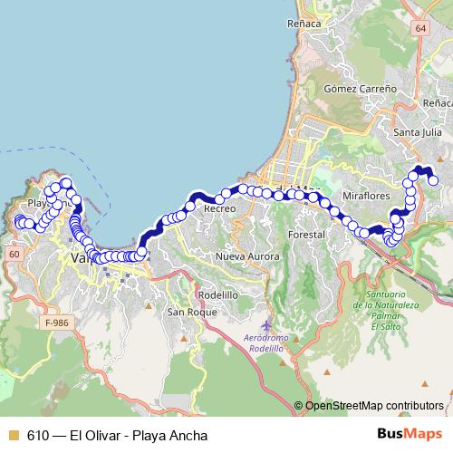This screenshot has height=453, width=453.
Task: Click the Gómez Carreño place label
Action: (361, 89)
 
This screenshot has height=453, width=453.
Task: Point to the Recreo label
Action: (219, 208)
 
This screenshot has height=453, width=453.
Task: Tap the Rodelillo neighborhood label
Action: (217, 294)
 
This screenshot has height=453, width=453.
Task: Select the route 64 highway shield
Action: (420, 29)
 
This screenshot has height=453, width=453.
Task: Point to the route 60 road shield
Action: (14, 255)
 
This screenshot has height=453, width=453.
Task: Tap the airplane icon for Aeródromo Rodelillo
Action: (264, 324)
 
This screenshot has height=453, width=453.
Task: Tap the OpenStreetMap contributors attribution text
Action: (374, 406)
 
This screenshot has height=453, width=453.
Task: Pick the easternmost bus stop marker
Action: (433, 180)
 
